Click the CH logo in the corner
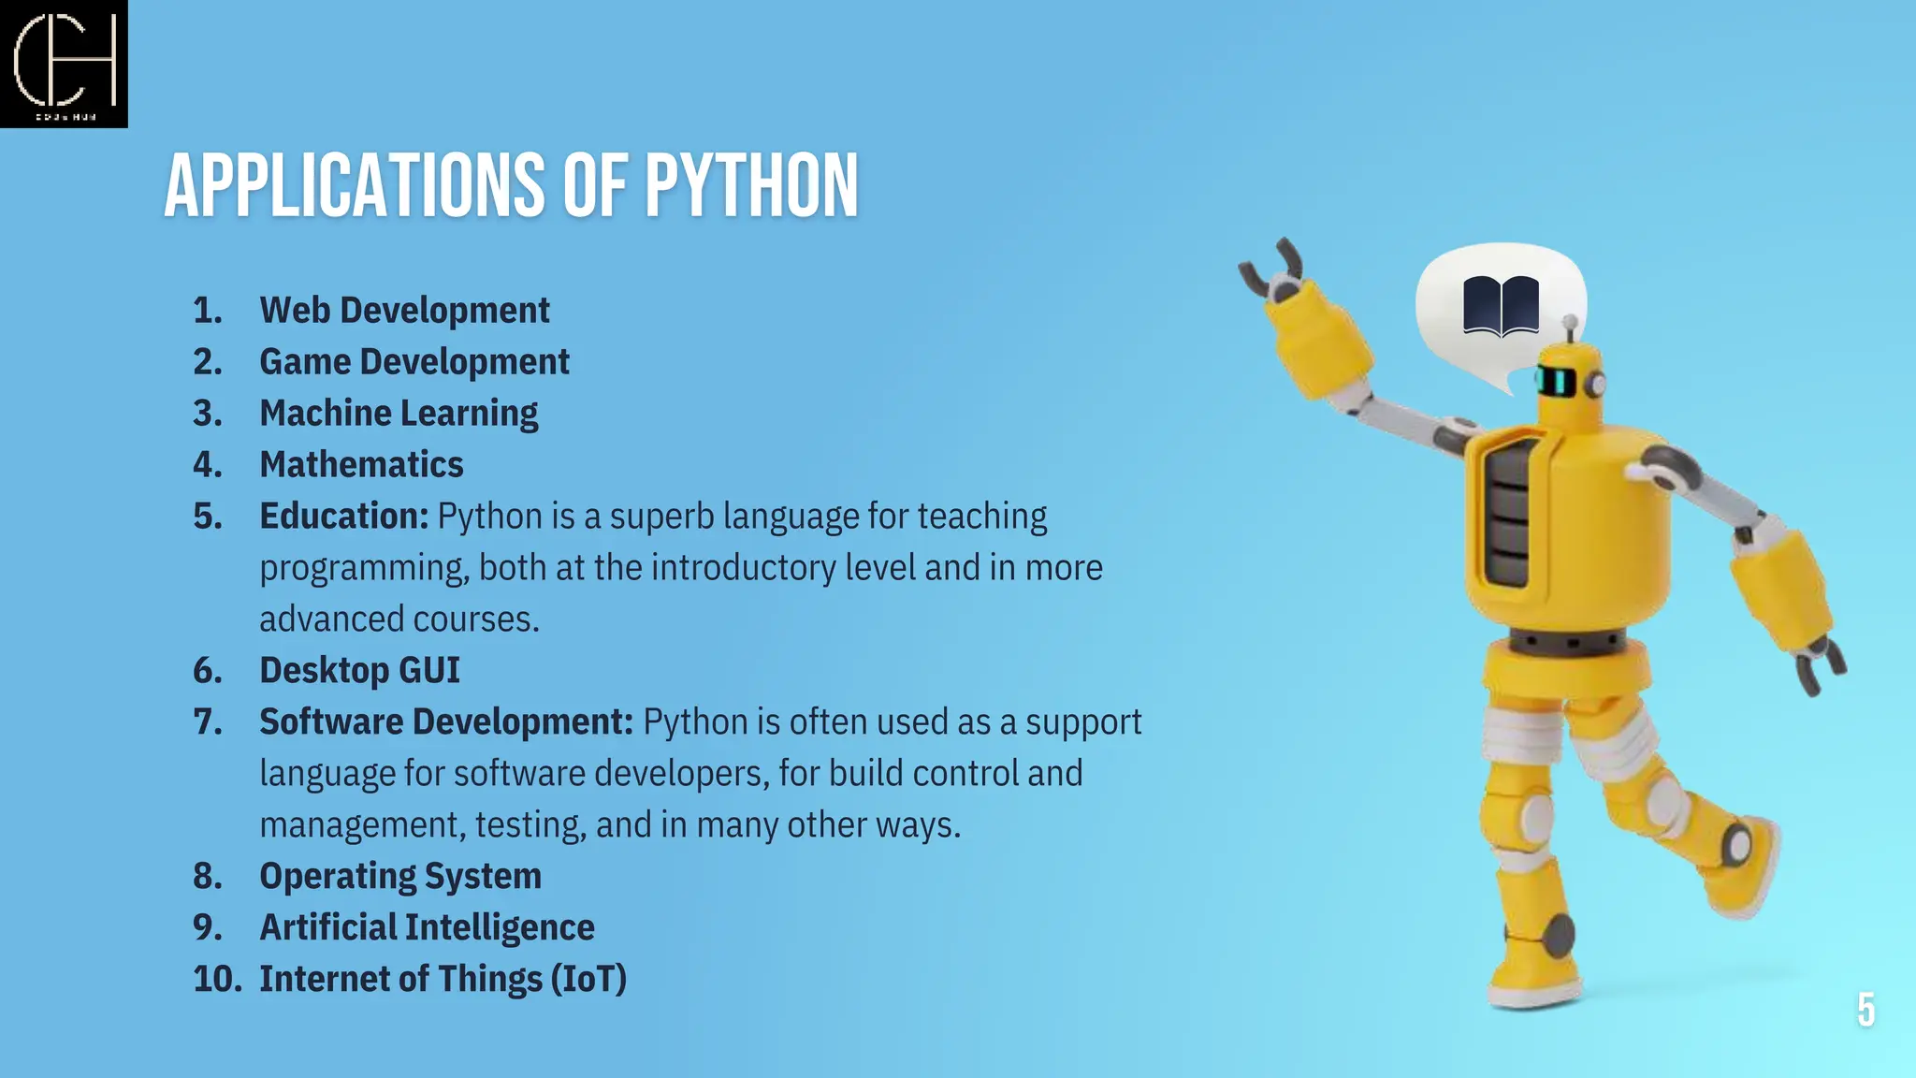coord(64,64)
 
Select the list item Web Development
coord(404,311)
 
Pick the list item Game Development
coord(414,362)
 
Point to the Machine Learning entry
coord(399,414)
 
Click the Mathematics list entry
coord(361,465)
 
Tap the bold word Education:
coord(343,517)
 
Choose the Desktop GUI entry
coord(359,671)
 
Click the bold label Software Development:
coord(446,722)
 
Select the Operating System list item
coord(400,877)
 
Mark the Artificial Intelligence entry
coord(427,928)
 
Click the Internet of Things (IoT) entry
coord(443,980)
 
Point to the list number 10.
coord(216,980)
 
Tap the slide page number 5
coord(1865,1011)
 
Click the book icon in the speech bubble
coord(1501,305)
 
